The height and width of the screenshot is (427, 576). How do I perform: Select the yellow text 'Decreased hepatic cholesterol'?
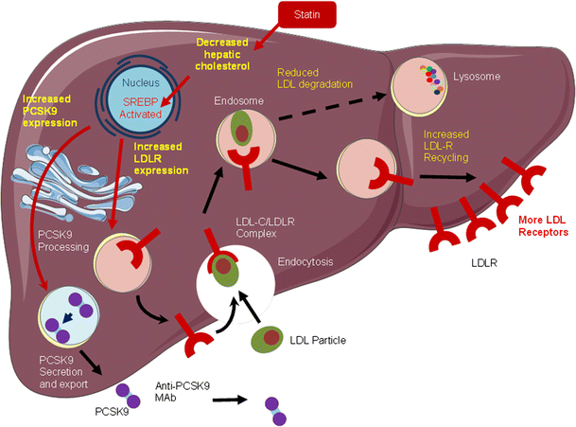(236, 56)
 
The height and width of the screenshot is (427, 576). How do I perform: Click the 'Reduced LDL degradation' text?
(316, 79)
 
